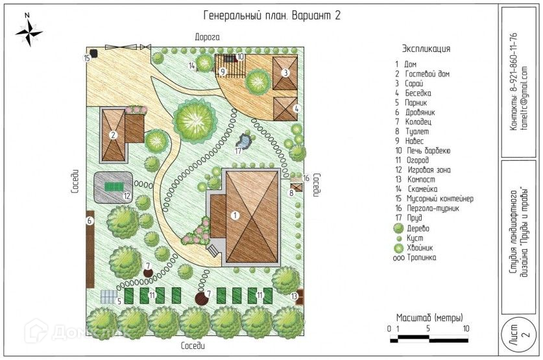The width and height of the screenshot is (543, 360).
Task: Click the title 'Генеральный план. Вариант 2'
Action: click(x=272, y=16)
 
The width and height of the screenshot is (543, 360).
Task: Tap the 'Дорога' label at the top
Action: click(x=208, y=38)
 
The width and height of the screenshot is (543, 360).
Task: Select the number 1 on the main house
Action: click(x=235, y=214)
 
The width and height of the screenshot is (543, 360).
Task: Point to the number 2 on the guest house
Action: click(x=113, y=136)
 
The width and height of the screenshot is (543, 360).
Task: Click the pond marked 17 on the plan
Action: click(x=245, y=139)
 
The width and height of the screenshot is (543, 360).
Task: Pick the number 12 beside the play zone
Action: click(x=128, y=195)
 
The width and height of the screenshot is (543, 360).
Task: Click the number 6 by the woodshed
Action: click(x=90, y=221)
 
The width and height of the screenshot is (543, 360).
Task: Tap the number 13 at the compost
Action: click(x=294, y=296)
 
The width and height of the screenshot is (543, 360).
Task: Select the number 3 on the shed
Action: click(x=284, y=73)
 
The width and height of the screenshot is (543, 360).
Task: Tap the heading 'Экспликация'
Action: click(x=426, y=49)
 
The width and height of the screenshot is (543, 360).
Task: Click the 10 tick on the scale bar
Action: click(x=465, y=329)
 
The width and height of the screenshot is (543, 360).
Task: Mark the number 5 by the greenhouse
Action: click(x=119, y=300)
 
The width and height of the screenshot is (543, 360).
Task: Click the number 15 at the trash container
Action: click(x=86, y=58)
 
